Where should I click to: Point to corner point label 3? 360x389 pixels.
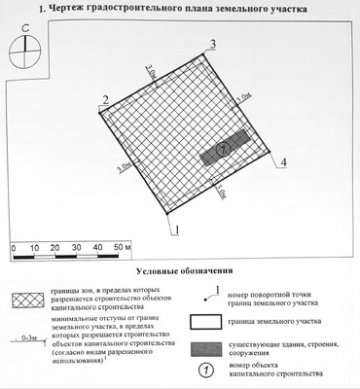(x=212, y=44)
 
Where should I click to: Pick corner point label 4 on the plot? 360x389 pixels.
(x=283, y=162)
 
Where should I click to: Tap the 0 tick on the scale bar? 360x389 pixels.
(x=12, y=250)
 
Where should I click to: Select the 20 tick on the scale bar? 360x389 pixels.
(x=57, y=250)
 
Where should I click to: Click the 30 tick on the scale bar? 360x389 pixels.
(x=80, y=250)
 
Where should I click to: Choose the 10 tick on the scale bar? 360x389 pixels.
(x=34, y=250)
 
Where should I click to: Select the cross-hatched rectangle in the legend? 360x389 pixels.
(x=29, y=299)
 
